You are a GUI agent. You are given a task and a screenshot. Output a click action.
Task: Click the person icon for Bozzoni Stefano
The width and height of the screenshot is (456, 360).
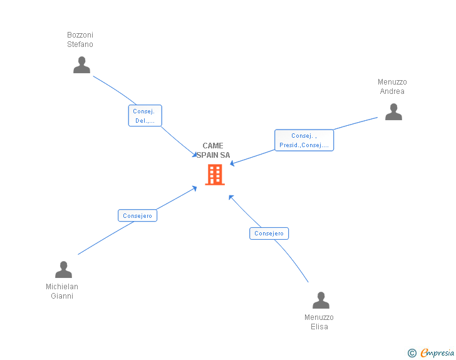tap(81, 65)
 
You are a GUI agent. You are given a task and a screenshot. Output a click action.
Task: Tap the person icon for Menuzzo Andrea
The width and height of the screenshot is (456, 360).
tap(393, 112)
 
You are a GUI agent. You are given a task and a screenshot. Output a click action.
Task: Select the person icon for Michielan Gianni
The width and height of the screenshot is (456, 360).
tap(63, 270)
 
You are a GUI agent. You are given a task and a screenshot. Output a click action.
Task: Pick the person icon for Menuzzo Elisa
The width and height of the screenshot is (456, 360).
tap(321, 301)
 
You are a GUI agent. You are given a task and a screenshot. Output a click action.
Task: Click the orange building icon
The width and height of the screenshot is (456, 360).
tap(215, 175)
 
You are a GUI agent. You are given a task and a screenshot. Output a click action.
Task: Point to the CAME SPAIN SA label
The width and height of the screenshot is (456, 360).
tap(213, 150)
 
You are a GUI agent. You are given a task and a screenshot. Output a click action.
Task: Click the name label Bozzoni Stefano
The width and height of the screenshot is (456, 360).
tap(80, 39)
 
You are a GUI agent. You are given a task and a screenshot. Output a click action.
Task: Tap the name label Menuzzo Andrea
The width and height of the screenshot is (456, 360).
tap(392, 86)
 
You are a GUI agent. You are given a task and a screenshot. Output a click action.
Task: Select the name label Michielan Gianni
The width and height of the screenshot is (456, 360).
tap(62, 291)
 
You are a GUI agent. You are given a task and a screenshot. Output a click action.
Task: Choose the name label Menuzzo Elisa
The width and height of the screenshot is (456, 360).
tap(319, 322)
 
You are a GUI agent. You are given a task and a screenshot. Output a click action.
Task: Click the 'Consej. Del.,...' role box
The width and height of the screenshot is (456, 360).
tap(145, 116)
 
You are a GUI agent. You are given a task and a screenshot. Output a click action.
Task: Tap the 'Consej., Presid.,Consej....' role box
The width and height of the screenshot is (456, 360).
tap(304, 140)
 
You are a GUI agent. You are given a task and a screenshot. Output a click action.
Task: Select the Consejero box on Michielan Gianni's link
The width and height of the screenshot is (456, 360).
tap(137, 215)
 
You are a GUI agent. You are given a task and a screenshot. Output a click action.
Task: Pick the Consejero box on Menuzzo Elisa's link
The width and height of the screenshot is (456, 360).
tap(269, 234)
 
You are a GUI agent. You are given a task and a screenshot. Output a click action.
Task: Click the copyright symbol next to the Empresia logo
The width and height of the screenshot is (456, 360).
tap(412, 353)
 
